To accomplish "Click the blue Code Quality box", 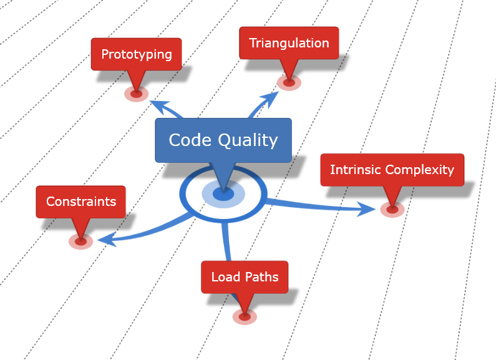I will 223,140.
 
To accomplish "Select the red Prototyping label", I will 136,54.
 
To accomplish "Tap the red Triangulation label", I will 289,43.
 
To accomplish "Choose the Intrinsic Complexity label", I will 392,170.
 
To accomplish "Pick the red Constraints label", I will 80,202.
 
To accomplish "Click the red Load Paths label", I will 245,277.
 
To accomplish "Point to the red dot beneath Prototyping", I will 136,94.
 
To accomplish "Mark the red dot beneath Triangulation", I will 289,82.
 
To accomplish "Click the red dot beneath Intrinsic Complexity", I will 392,210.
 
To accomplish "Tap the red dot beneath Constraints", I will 80,241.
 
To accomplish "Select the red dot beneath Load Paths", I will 245,317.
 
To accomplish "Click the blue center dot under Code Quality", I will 223,194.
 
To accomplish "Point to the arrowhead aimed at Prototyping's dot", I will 159,105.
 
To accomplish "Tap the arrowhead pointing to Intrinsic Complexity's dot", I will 368,209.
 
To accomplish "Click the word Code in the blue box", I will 191,140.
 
